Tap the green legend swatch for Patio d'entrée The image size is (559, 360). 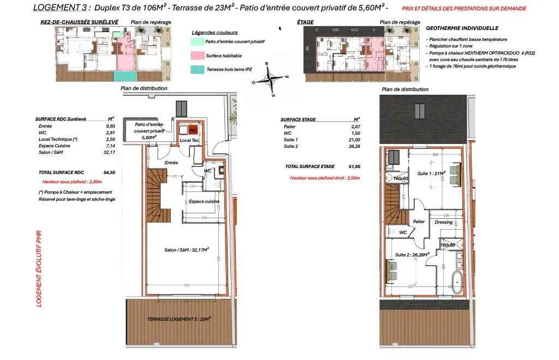(197, 41)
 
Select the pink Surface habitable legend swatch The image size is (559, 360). (197, 55)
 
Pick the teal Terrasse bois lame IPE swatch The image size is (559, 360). (197, 69)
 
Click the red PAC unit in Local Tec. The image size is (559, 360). (192, 131)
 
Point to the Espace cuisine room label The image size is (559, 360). (204, 202)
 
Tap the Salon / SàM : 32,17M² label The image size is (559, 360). (187, 250)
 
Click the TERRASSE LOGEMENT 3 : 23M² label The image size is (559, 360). (179, 319)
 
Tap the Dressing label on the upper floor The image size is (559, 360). (443, 222)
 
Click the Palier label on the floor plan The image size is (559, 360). (419, 222)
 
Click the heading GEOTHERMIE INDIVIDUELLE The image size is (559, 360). (462, 28)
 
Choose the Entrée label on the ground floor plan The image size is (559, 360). (157, 163)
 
